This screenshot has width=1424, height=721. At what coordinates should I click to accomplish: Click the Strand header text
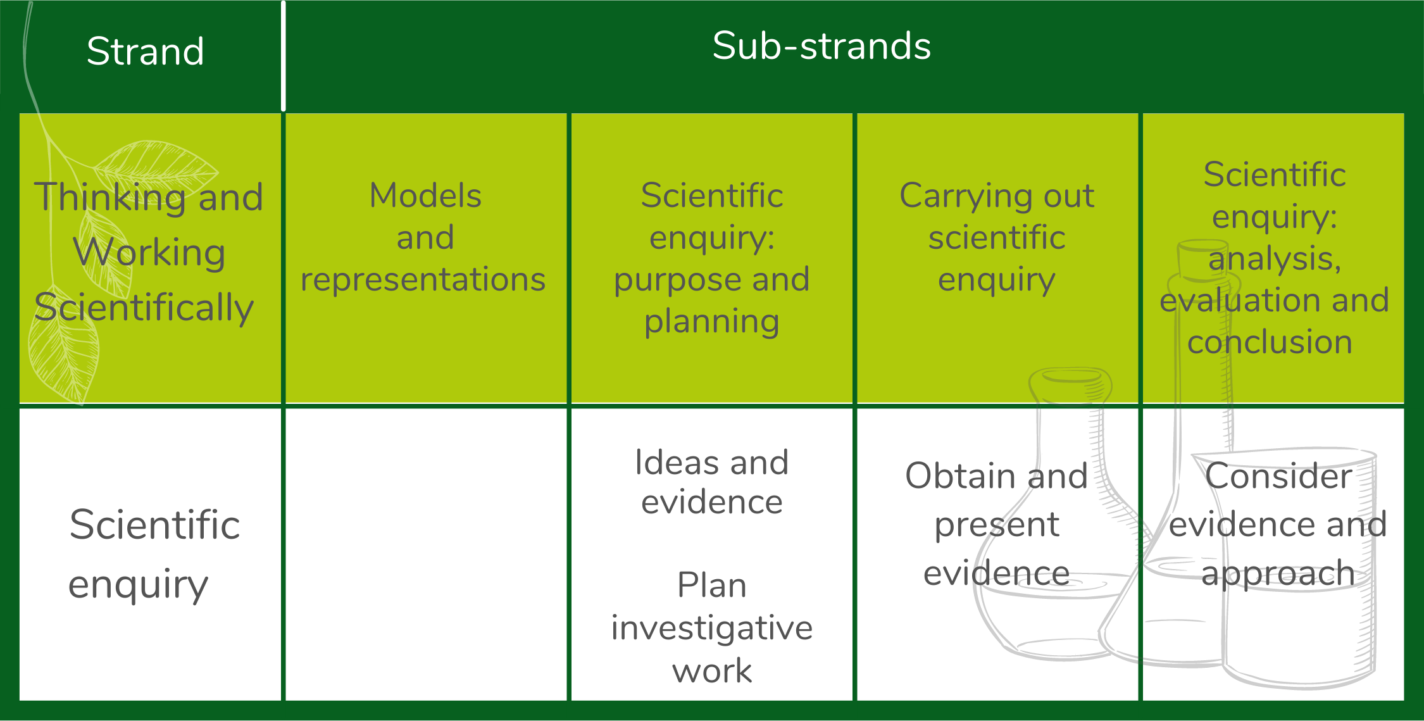pyautogui.click(x=146, y=51)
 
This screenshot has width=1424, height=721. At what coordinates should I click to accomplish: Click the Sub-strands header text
pyautogui.click(x=821, y=46)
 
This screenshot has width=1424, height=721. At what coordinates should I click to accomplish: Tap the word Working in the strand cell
pyautogui.click(x=149, y=253)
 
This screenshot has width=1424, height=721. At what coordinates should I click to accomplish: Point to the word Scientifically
pyautogui.click(x=144, y=308)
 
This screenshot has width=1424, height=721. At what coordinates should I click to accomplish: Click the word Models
pyautogui.click(x=425, y=195)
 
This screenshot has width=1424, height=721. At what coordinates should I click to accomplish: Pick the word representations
pyautogui.click(x=423, y=279)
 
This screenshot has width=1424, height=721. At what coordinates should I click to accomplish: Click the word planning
pyautogui.click(x=712, y=322)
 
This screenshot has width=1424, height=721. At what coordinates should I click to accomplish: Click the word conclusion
pyautogui.click(x=1270, y=342)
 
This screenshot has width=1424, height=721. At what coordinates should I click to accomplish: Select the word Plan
pyautogui.click(x=712, y=584)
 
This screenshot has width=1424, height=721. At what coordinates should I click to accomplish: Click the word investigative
pyautogui.click(x=712, y=628)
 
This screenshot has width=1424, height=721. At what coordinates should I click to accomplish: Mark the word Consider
pyautogui.click(x=1278, y=476)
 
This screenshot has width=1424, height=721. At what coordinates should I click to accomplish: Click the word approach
pyautogui.click(x=1278, y=574)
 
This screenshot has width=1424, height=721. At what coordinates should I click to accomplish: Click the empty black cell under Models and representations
pyautogui.click(x=426, y=554)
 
